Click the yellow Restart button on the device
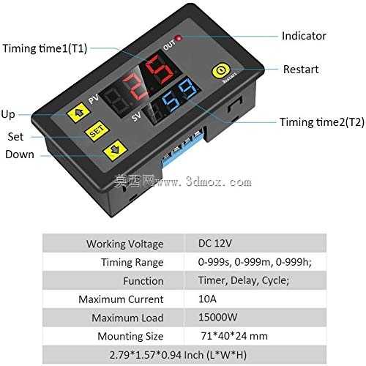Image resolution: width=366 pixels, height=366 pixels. coord(220,71)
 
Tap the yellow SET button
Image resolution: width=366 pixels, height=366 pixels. coord(97,131)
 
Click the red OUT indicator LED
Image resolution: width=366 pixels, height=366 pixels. coord(179,38)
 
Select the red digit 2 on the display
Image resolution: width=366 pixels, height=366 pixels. coord(135,86)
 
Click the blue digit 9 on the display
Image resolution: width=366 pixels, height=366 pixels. coord(187,89)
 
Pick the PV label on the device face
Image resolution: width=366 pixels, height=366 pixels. coord(94,99)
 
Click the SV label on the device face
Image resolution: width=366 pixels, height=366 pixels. coord(136,116)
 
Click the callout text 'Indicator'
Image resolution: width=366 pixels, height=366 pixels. coord(304,36)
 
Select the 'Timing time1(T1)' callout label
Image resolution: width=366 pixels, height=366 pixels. coord(45,48)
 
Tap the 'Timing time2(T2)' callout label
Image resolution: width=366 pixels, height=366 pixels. coord(322,122)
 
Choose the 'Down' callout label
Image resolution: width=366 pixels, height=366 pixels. coord(20,154)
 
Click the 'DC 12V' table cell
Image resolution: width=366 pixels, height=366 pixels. coord(215,243)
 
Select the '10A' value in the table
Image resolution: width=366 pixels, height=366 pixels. coord(207,299)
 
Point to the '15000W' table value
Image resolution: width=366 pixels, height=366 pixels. coord(217,317)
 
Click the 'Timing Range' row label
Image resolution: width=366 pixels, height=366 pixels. coord(132,263)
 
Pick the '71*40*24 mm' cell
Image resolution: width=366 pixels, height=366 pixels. coord(234,336)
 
